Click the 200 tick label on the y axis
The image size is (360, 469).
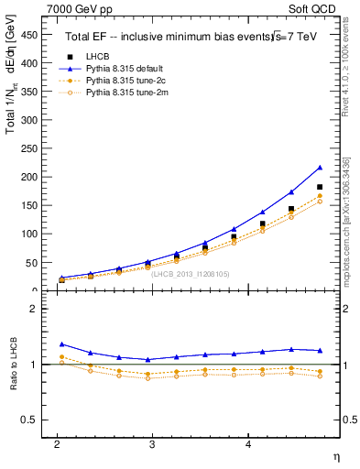30,177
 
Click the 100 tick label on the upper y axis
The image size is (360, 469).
30,234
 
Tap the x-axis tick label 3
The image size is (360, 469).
152,443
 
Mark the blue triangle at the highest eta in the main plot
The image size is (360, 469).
320,168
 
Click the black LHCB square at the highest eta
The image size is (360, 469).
320,187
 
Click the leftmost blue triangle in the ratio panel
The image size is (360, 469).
61,344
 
